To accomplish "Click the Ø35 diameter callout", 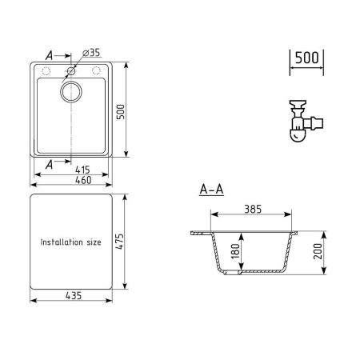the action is click(91, 53).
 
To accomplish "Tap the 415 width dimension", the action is click(82, 170).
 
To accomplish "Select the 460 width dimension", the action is click(83, 180).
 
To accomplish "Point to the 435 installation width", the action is click(74, 296).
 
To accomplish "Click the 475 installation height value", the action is click(120, 242).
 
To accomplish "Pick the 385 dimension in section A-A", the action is click(253, 209).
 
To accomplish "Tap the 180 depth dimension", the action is click(235, 251).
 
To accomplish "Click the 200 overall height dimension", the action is click(318, 251).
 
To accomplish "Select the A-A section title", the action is click(211, 190).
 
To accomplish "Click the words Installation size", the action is click(71, 242).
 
